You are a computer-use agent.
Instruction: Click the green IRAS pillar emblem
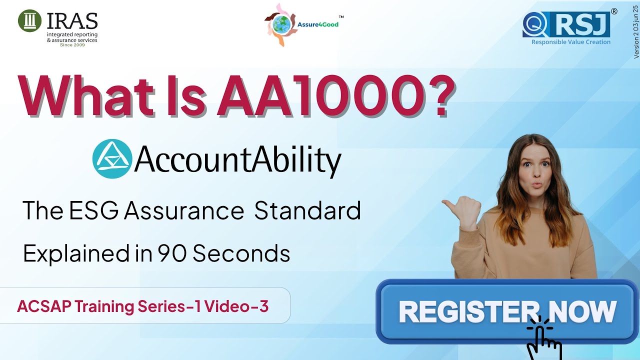pos(29,20)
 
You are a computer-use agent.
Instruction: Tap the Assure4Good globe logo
pos(280,24)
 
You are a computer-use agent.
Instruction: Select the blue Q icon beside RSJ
pos(533,23)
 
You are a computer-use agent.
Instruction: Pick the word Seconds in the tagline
pos(241,253)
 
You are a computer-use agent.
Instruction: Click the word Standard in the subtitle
pos(307,211)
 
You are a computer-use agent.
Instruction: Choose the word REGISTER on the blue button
pos(460,311)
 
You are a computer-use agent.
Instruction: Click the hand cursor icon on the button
pos(543,337)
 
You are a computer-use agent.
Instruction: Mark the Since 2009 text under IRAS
pos(72,45)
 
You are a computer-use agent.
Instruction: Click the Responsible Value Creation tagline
pos(570,42)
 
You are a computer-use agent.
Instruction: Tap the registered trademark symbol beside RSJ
pos(614,11)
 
